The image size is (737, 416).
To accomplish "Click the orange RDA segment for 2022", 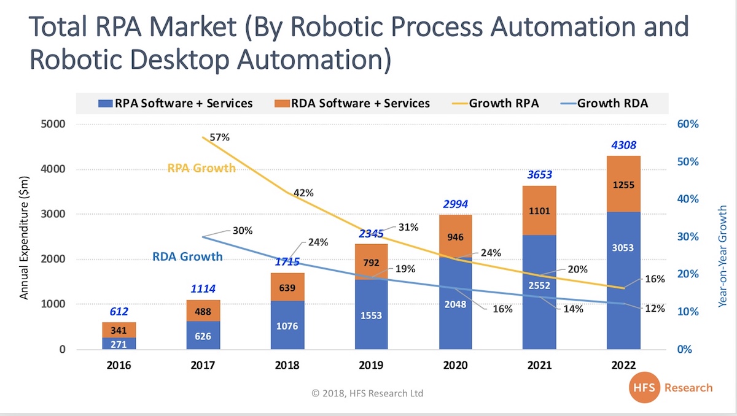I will click(x=623, y=184).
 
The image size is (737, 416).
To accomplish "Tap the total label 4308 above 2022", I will click(x=623, y=145).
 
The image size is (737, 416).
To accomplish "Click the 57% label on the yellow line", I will click(x=219, y=137).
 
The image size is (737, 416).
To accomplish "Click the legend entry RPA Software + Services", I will click(x=176, y=103).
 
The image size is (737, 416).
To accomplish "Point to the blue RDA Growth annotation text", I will click(x=187, y=256).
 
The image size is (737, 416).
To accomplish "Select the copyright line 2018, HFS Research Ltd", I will click(x=367, y=393).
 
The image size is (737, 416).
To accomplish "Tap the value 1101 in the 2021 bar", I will click(x=539, y=212).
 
